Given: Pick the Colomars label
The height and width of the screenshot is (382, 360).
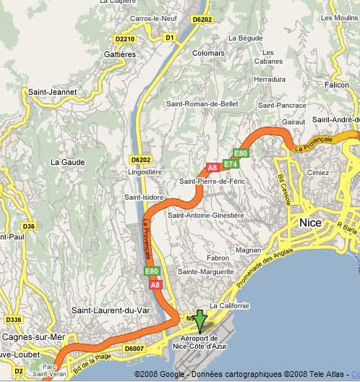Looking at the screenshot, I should [209, 52].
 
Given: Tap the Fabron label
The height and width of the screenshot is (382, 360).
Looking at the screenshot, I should [218, 258].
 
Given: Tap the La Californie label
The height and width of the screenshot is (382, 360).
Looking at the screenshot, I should [230, 306].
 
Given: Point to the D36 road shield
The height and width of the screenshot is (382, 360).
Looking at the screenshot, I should [28, 226].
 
